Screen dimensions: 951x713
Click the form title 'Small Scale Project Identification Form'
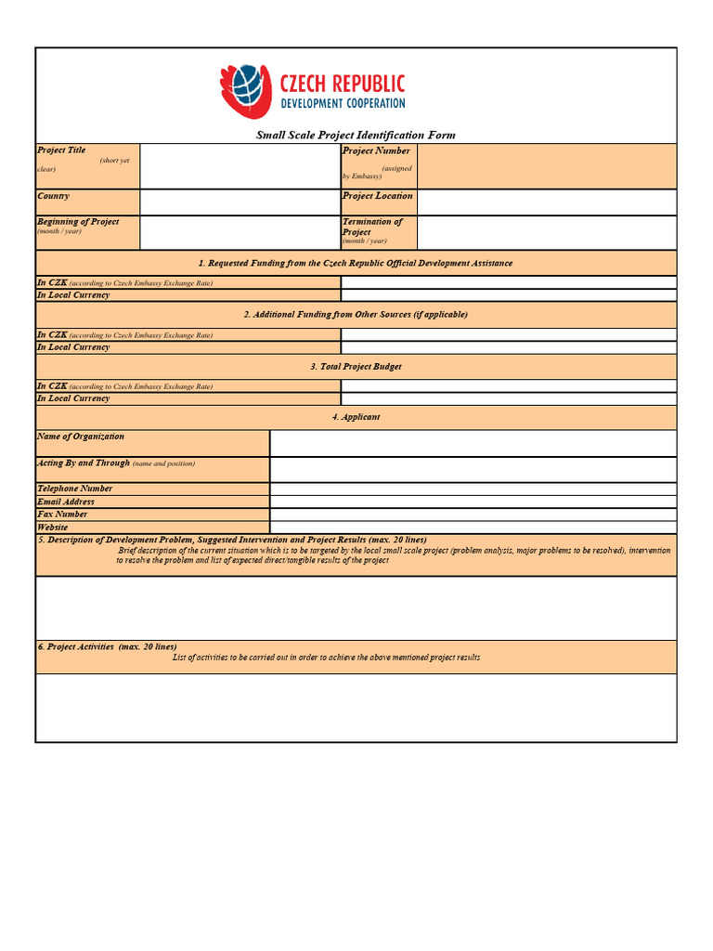point(356,136)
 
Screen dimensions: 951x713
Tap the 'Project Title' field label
point(61,150)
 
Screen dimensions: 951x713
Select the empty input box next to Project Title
point(240,166)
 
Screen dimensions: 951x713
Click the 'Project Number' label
point(376,150)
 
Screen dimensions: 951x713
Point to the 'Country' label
point(53,196)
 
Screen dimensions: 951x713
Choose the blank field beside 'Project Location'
point(546,202)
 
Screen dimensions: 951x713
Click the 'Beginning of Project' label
point(78,222)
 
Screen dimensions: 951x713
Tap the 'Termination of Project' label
point(372,227)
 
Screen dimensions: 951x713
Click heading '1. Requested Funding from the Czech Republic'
point(356,263)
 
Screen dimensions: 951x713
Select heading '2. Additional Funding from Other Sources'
point(356,315)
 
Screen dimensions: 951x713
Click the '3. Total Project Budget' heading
point(356,367)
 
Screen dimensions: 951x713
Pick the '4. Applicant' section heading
point(356,417)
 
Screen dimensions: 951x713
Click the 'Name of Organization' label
point(81,436)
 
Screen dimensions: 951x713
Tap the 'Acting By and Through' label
point(84,462)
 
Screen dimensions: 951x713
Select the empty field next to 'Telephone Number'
point(473,489)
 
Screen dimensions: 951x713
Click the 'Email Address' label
point(66,502)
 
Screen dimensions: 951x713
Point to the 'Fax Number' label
point(62,514)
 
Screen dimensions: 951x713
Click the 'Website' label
point(53,527)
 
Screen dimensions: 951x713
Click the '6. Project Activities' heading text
point(107,646)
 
